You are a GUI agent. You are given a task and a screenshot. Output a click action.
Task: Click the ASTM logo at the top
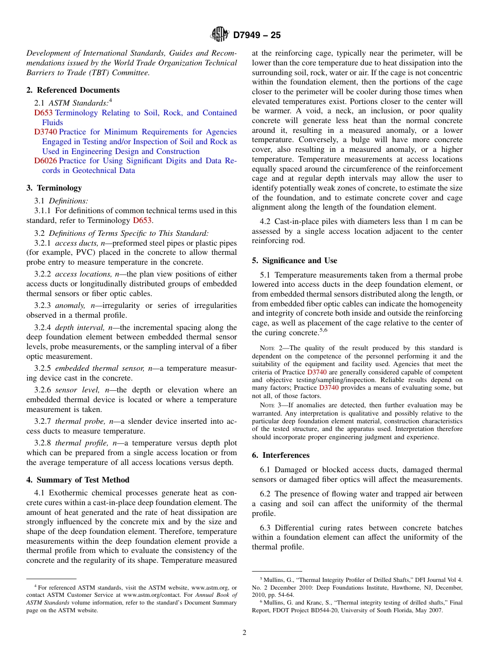tap(220, 35)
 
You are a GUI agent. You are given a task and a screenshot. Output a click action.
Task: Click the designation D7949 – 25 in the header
tap(257, 35)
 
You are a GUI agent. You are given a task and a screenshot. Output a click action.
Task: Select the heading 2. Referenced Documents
tap(73, 90)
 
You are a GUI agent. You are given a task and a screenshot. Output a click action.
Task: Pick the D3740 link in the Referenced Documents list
tap(45, 132)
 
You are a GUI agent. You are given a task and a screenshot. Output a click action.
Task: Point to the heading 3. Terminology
tap(54, 188)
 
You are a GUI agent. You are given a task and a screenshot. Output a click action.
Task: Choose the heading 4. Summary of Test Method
tap(78, 480)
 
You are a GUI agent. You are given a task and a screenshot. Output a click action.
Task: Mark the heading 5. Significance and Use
tap(294, 261)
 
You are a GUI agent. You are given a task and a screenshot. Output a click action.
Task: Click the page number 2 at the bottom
tap(244, 633)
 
